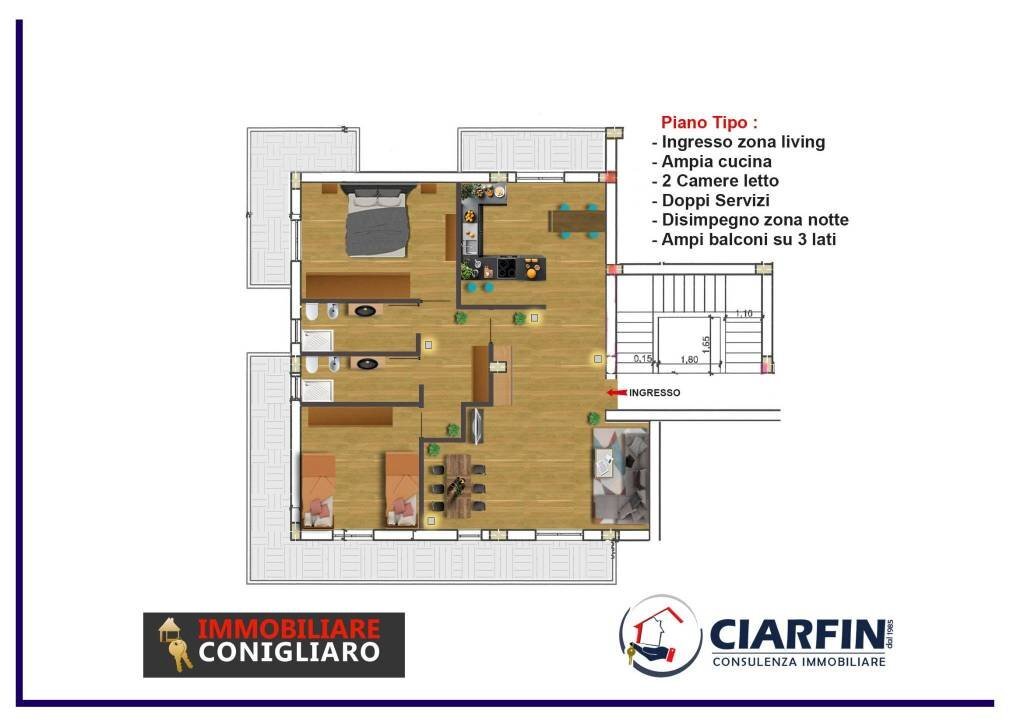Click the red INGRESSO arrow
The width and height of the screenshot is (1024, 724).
point(616,393)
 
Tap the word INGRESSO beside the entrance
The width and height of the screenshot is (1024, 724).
point(654,393)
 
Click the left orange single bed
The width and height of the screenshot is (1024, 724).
point(319,487)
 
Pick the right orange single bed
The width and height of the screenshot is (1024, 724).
point(402,487)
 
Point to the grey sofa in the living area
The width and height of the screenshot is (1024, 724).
point(621,476)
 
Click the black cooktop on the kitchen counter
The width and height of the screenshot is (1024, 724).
point(508,267)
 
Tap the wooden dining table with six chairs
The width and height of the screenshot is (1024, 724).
point(457,485)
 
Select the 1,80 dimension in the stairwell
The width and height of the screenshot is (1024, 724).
point(688,359)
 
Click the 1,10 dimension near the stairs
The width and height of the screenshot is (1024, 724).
point(743,314)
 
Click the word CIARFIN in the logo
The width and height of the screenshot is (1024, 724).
point(796,633)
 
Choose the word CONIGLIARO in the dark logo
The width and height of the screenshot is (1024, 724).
point(288,652)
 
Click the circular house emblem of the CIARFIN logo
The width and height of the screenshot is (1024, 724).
point(660,634)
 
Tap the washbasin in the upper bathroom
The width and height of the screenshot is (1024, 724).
point(367,311)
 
